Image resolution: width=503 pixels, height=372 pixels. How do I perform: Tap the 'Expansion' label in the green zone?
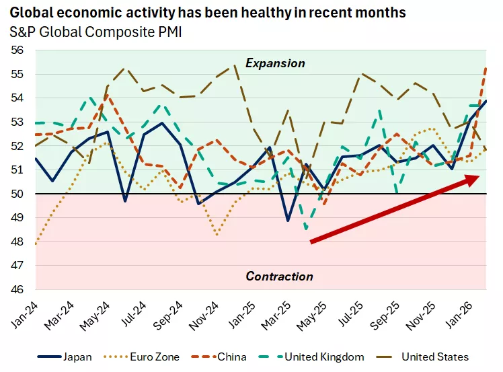point(275,63)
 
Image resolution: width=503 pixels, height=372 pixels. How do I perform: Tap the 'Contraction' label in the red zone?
point(279,276)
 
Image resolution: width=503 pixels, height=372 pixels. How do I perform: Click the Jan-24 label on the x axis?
point(25,314)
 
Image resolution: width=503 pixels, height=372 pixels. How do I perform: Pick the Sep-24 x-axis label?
point(169,314)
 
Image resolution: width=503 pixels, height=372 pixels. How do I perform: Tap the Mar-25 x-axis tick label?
point(277,314)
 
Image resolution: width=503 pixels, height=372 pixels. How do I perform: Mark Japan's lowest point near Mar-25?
point(288,221)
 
